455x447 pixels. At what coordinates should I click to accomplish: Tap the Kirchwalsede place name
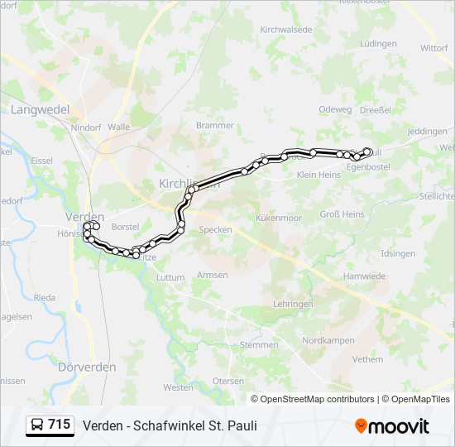[285, 29]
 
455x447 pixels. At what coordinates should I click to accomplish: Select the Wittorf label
[433, 48]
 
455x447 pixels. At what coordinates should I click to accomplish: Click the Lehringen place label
[290, 305]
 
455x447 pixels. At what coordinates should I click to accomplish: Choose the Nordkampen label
[328, 340]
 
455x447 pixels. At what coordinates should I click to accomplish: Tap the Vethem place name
[367, 359]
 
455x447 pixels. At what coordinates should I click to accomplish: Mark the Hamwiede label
[365, 276]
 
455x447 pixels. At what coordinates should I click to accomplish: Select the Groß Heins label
[342, 214]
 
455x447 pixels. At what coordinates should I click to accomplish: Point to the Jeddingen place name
[427, 131]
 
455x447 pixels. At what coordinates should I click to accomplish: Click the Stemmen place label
[258, 344]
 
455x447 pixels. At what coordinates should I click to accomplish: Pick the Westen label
[178, 387]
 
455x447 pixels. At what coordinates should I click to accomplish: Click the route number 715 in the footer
[59, 425]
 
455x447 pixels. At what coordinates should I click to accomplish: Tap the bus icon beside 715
[37, 425]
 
